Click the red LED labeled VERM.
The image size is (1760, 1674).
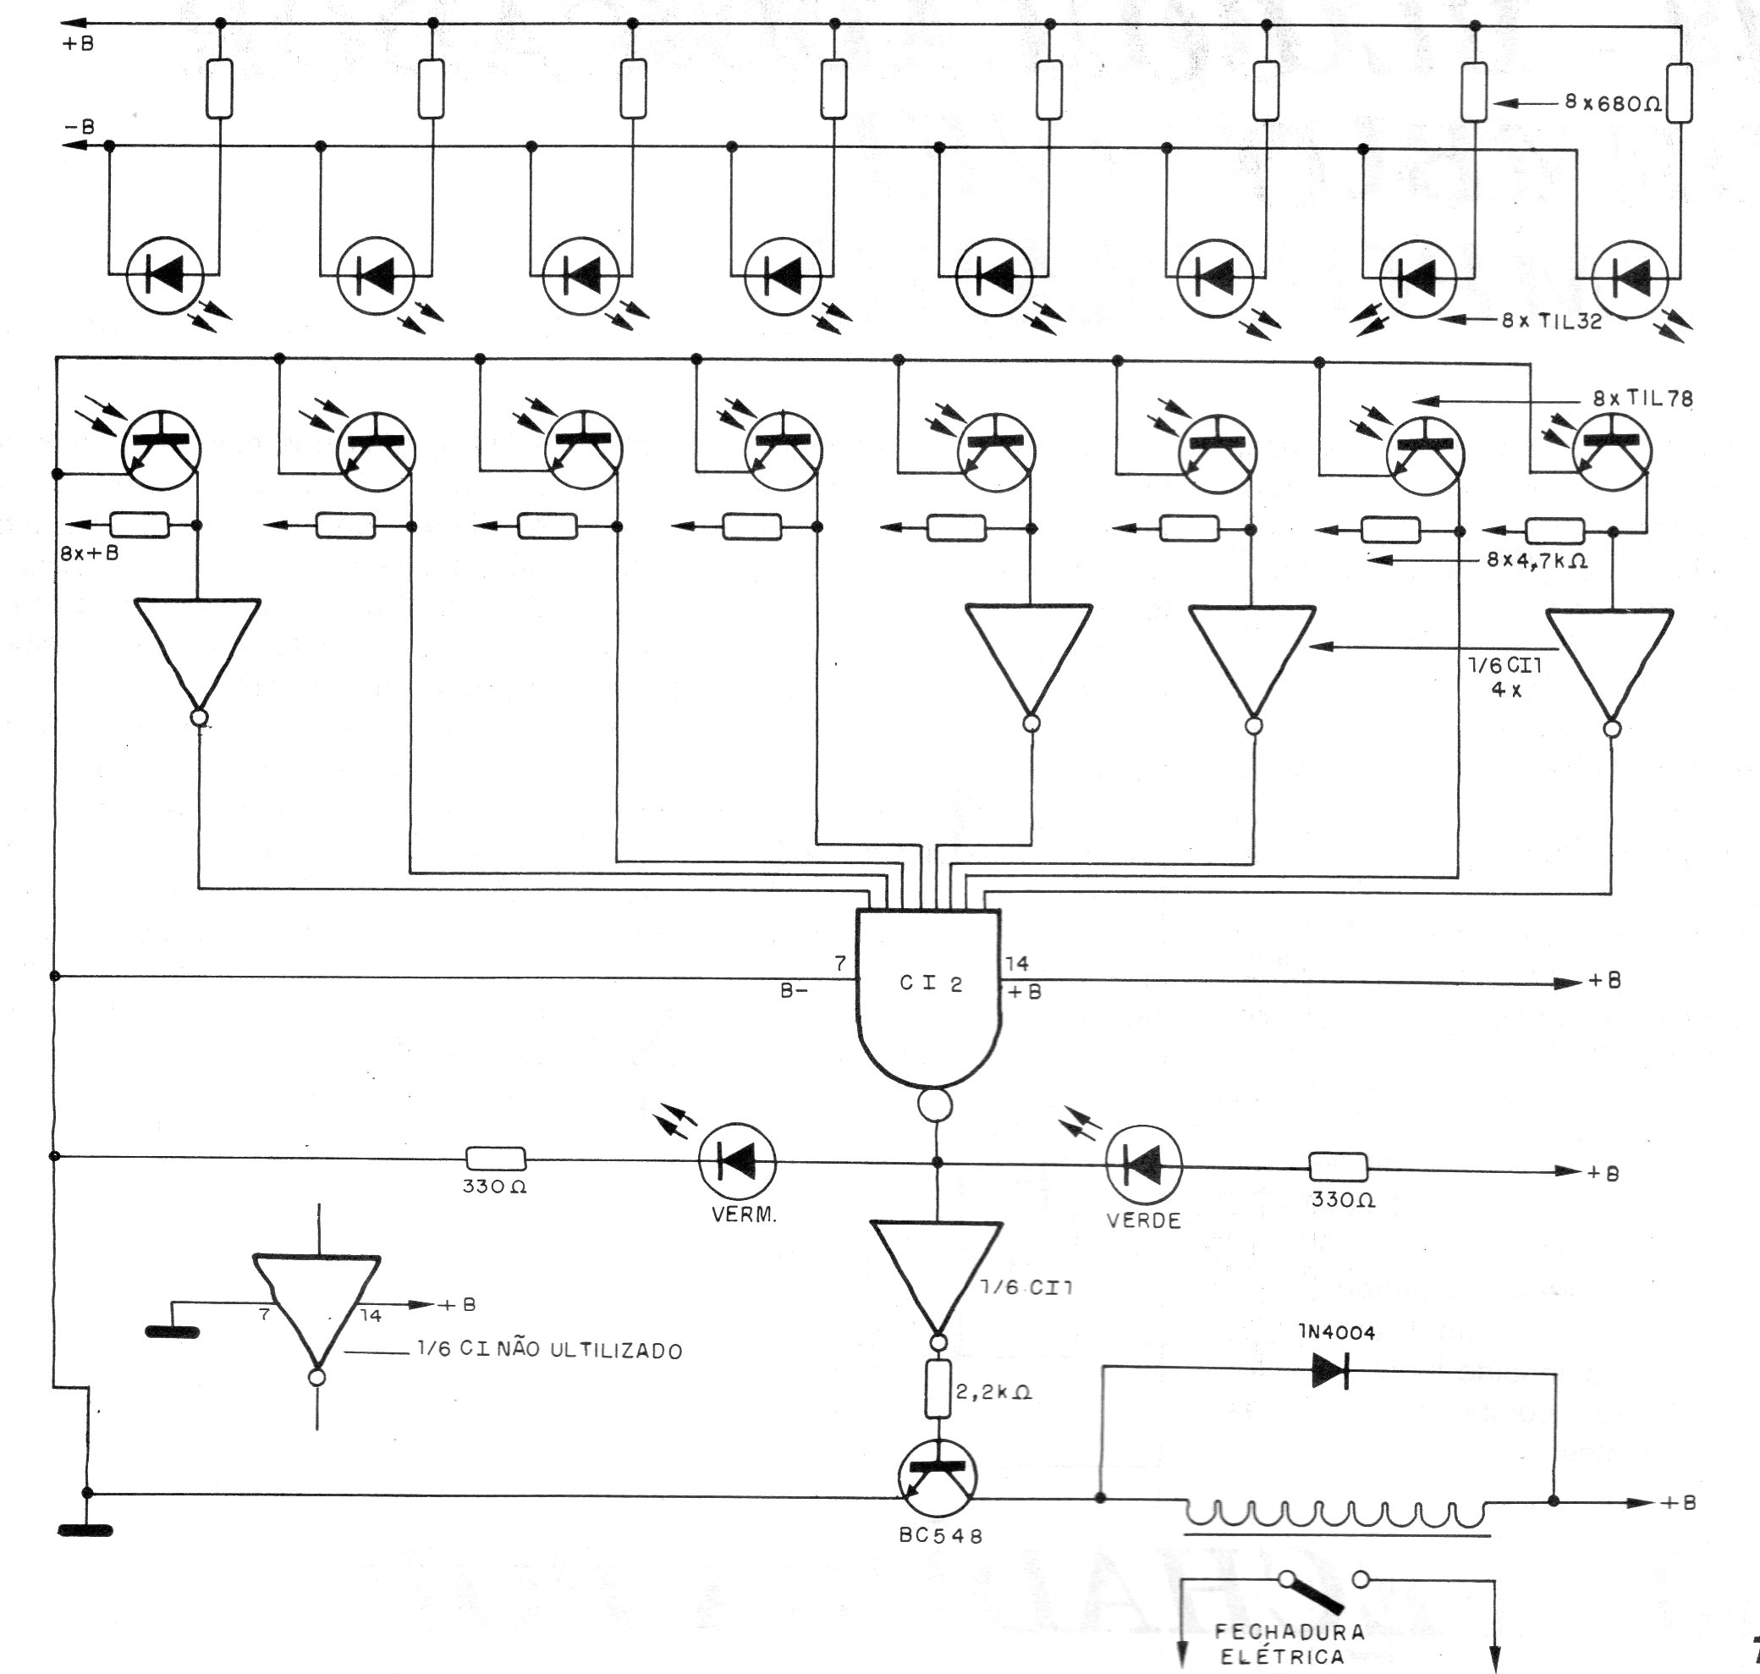pyautogui.click(x=737, y=1162)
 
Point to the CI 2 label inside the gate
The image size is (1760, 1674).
pyautogui.click(x=931, y=984)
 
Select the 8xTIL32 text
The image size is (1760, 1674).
pyautogui.click(x=1551, y=322)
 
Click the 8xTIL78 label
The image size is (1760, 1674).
pyautogui.click(x=1642, y=399)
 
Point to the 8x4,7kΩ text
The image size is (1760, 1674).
pyautogui.click(x=1537, y=562)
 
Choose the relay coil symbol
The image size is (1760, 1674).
pyautogui.click(x=1334, y=1514)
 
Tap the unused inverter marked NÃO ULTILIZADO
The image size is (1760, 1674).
pyautogui.click(x=316, y=1307)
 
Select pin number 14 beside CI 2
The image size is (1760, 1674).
pyautogui.click(x=1017, y=963)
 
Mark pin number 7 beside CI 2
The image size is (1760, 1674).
pyautogui.click(x=839, y=963)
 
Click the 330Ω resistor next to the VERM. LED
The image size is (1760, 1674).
pyautogui.click(x=496, y=1159)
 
